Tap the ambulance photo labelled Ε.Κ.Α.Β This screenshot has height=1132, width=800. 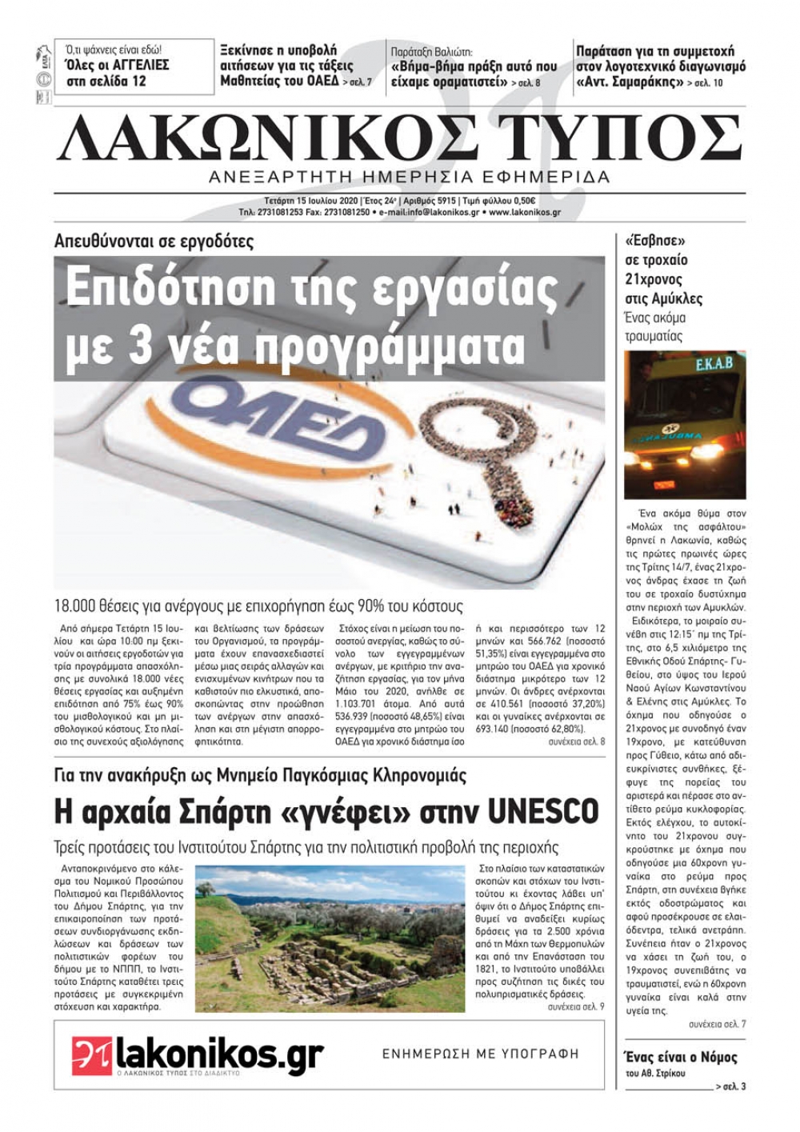685,425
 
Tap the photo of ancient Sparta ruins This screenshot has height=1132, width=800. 330,938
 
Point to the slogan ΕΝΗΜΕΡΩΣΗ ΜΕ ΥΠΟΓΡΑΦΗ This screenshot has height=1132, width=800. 480,1054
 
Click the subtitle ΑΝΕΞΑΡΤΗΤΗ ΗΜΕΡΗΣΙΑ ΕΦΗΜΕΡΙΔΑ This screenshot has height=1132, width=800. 409,177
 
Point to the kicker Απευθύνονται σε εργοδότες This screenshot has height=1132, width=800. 154,240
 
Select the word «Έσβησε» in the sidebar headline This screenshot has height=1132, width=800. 646,240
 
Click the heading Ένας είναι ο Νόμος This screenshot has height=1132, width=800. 680,1057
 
